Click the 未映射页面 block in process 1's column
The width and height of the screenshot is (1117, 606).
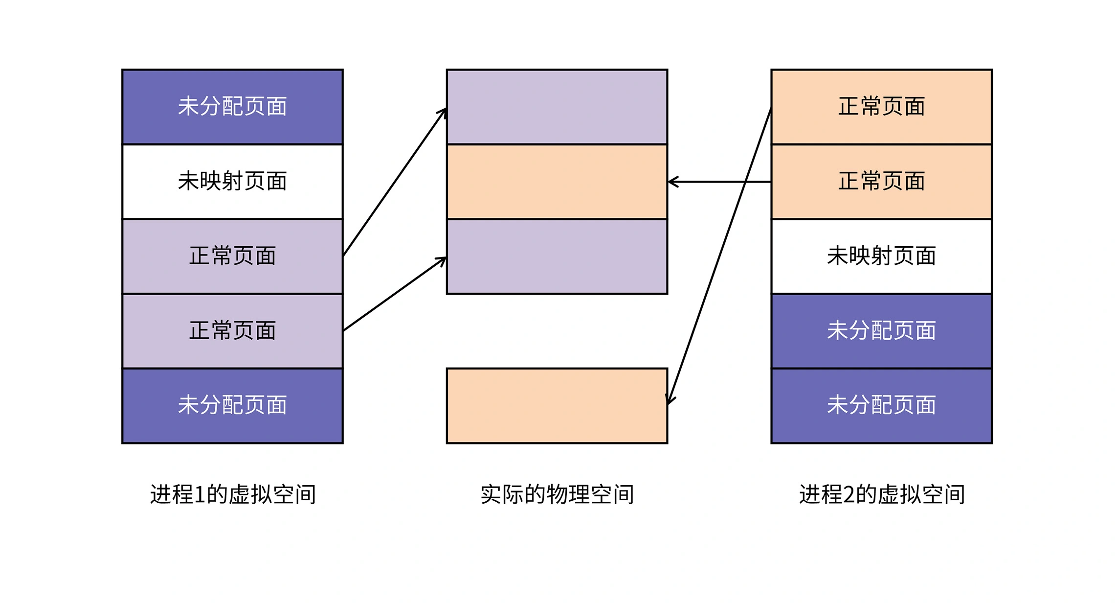tap(232, 182)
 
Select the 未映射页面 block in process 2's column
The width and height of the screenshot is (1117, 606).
tap(881, 256)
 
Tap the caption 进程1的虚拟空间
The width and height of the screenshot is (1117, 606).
tap(233, 494)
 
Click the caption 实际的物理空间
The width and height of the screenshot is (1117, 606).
tap(557, 494)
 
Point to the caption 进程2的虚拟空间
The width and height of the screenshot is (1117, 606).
tap(882, 494)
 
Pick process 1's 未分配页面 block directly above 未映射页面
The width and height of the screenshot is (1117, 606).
tap(232, 107)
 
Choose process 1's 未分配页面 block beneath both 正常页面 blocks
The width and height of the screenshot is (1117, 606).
tap(232, 406)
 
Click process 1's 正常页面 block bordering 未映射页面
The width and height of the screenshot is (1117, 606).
tap(232, 256)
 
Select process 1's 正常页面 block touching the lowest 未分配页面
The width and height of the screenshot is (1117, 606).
tap(232, 331)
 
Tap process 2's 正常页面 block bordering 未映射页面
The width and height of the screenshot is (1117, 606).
tap(881, 182)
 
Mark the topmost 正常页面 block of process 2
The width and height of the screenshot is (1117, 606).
tap(881, 107)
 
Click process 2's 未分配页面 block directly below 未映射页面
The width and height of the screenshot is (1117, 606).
tap(881, 331)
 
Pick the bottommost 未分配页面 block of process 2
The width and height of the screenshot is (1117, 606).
tap(881, 406)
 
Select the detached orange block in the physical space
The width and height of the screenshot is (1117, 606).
tap(557, 406)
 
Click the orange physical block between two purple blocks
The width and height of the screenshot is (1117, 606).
tap(557, 182)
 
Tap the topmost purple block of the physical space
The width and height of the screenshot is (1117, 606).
tap(557, 107)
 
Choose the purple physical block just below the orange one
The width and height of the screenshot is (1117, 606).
tap(557, 256)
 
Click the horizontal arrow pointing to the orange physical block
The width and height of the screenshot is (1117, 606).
tap(719, 182)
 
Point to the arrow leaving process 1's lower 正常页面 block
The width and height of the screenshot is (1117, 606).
tap(395, 294)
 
